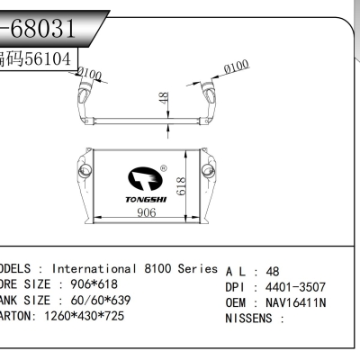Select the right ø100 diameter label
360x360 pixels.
click(x=236, y=67)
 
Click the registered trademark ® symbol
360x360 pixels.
click(x=163, y=166)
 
